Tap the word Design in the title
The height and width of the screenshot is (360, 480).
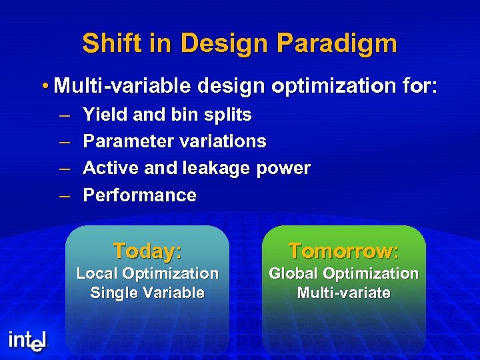[219, 44]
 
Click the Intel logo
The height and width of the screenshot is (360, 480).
[28, 341]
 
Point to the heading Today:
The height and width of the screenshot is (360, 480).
[147, 251]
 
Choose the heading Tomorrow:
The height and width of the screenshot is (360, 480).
[343, 251]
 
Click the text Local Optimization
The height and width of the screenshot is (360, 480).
[147, 273]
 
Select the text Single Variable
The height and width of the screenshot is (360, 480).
[147, 293]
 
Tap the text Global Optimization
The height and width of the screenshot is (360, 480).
[343, 273]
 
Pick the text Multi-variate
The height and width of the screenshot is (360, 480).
[343, 293]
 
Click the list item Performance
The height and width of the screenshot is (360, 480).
[139, 195]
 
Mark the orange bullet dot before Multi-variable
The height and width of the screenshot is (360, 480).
[43, 86]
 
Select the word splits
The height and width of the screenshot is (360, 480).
[229, 115]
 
